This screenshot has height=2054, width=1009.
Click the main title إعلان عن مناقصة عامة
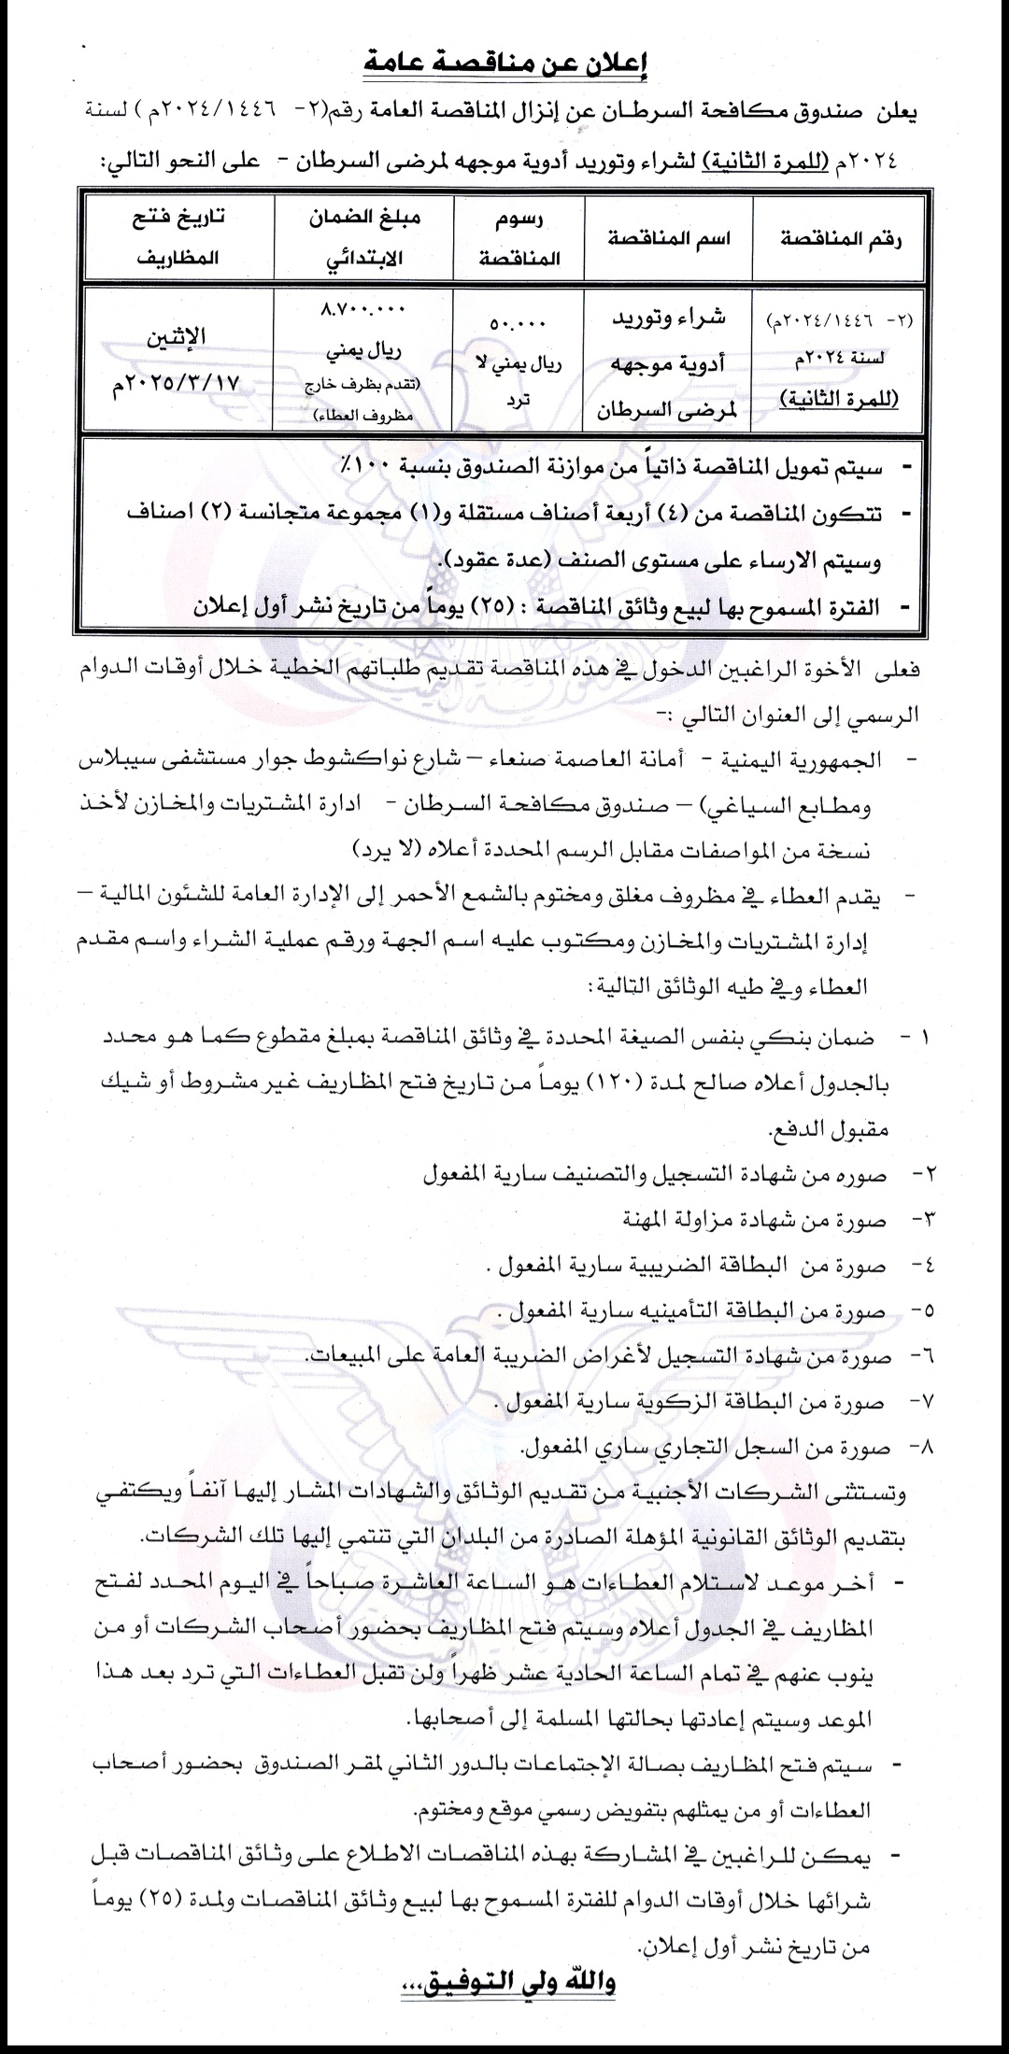pyautogui.click(x=504, y=65)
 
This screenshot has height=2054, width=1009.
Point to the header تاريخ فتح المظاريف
pyautogui.click(x=178, y=239)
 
